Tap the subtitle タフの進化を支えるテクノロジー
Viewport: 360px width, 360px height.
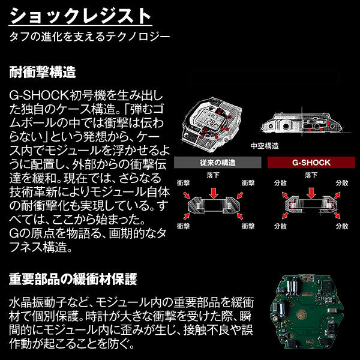[89, 36]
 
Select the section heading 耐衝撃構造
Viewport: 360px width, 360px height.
[42, 73]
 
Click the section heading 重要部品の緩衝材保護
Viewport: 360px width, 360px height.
[73, 279]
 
